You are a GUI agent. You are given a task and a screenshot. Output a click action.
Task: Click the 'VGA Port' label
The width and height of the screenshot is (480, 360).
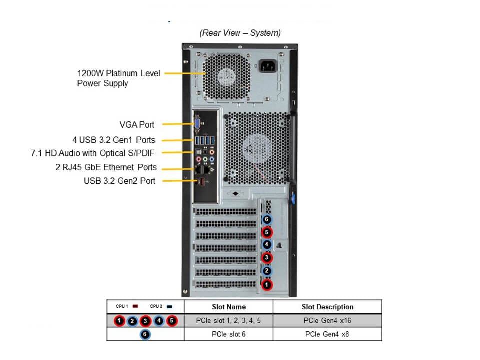(x=136, y=125)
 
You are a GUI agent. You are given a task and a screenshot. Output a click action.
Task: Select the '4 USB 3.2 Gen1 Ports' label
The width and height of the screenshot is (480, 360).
(x=114, y=140)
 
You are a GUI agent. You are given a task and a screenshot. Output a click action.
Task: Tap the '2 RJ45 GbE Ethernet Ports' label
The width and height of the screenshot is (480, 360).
(x=106, y=167)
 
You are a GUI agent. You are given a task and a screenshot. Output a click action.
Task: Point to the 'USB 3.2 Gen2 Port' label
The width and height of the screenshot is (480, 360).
(x=119, y=181)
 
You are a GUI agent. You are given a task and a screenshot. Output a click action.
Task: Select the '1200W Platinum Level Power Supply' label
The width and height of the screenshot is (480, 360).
(x=119, y=78)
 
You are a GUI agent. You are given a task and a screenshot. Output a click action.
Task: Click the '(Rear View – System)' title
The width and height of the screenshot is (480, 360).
(x=240, y=33)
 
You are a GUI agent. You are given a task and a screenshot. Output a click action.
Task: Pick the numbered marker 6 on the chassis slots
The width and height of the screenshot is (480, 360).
(x=267, y=219)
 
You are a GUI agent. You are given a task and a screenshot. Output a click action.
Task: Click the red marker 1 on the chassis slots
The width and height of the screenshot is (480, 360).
(x=267, y=284)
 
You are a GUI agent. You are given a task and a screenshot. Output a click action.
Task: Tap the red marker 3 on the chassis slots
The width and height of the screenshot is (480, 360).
(x=267, y=258)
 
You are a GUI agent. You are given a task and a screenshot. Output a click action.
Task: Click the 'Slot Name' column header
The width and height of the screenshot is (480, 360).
(x=228, y=307)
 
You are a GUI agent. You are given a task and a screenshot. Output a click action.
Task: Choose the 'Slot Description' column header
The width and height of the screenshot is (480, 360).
(x=327, y=307)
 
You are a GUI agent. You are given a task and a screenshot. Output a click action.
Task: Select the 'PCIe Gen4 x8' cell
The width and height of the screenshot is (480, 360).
(x=327, y=334)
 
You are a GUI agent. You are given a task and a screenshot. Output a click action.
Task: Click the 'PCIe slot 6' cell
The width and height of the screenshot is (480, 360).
(x=228, y=334)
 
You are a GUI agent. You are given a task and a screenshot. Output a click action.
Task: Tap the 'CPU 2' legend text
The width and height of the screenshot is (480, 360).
(x=156, y=306)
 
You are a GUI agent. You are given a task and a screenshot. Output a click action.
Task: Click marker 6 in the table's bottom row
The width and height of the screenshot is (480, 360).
(x=145, y=334)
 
